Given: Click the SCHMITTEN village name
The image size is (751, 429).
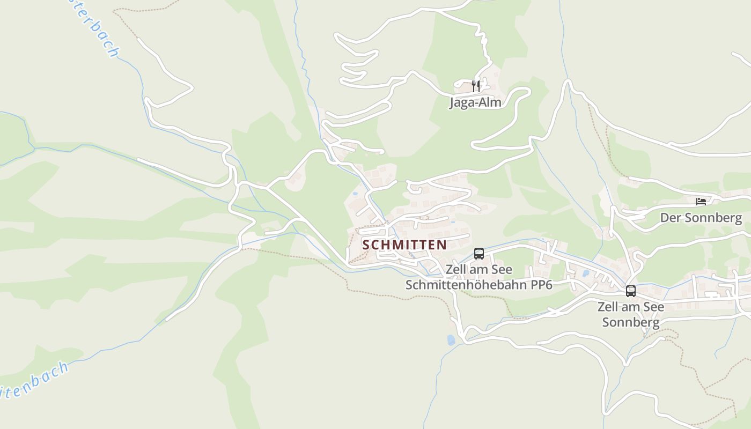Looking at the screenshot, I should pos(404,245).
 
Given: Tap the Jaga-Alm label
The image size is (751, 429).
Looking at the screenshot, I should pos(475,102).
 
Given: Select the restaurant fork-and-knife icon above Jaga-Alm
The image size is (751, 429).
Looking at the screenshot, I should pos(475,86).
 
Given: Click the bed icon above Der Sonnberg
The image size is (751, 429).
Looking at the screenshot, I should pos(701,202).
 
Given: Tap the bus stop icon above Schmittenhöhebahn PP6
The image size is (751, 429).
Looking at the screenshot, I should pos(479,254).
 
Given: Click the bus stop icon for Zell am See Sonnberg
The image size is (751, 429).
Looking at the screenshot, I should pos(631,291).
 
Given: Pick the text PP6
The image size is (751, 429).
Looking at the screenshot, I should pos(542,285).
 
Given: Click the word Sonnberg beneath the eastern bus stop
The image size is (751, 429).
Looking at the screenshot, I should pos(630,322).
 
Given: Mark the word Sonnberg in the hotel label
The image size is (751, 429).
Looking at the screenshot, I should pos(713,218).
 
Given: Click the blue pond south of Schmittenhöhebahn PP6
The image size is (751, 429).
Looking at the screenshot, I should pos(451,339).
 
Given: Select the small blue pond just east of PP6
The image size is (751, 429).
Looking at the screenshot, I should pos(585,273).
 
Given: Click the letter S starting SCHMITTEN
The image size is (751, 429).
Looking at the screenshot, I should pos(366,245).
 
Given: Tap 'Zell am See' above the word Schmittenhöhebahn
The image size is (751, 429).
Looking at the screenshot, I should pos(479,269).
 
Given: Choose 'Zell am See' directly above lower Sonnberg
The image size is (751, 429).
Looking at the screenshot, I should pos(631,307).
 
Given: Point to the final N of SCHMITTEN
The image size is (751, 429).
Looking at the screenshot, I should pos(441,245).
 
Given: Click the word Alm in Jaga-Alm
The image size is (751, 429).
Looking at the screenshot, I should pos(490,102).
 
